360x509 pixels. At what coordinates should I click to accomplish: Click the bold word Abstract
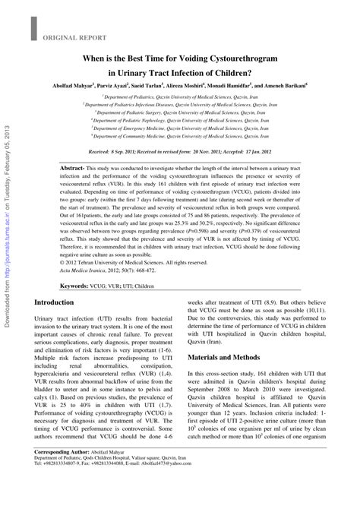pyautogui.click(x=71, y=167)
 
